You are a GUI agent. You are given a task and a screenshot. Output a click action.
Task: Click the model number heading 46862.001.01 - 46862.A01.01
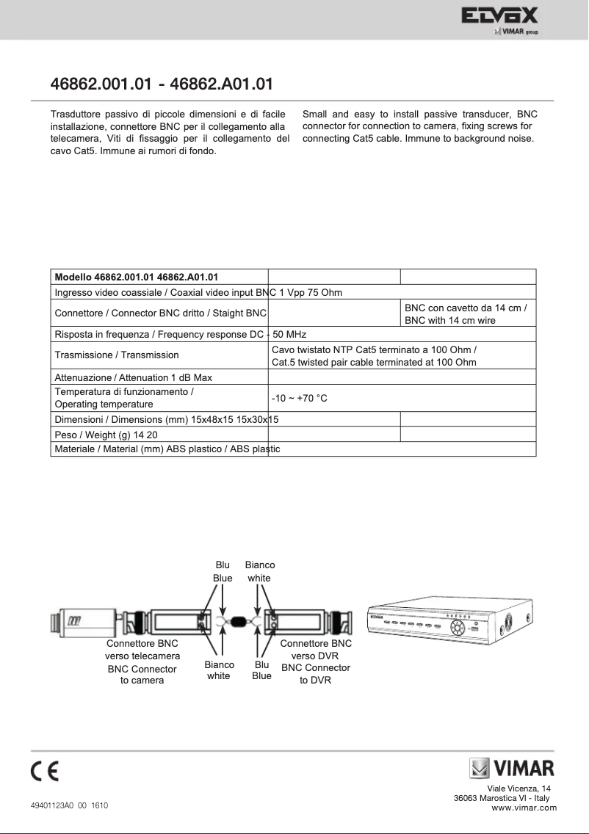[162, 83]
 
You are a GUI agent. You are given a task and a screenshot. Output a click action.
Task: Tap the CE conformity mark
[45, 772]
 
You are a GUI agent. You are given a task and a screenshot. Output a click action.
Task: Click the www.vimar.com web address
[524, 808]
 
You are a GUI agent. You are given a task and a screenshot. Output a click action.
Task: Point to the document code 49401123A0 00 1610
[69, 805]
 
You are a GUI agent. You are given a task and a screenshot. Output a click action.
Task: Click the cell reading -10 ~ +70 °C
[299, 397]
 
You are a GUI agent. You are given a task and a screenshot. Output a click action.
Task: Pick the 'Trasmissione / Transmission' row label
[117, 355]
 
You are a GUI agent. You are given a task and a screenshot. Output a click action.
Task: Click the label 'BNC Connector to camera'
[142, 675]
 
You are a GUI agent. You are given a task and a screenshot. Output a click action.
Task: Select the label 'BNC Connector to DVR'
[316, 674]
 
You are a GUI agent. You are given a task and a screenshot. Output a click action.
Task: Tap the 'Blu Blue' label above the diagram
[223, 571]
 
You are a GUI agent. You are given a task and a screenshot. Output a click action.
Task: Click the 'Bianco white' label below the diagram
[218, 670]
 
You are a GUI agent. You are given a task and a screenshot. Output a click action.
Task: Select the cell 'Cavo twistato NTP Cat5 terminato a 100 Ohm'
[374, 349]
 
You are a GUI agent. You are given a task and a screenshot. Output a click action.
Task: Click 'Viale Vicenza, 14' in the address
[524, 788]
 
